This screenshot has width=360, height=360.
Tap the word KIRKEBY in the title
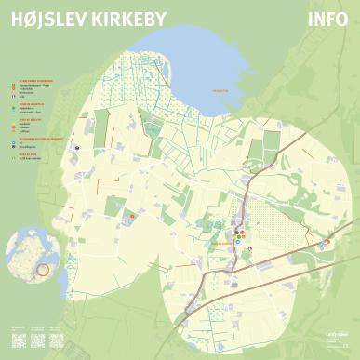click(x=124, y=19)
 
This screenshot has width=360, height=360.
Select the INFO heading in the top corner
click(x=329, y=19)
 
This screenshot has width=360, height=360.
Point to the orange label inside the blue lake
click(x=220, y=90)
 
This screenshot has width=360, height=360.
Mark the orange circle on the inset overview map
click(x=41, y=271)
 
